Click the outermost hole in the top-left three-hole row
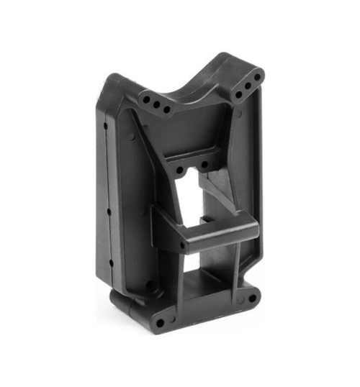tap(144, 94)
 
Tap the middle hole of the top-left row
tap(155, 103)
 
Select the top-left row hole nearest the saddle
tap(166, 110)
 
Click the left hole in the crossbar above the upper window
tap(179, 171)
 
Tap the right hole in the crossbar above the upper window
tap(204, 165)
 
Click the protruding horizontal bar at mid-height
tap(216, 235)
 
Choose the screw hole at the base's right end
tap(251, 297)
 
